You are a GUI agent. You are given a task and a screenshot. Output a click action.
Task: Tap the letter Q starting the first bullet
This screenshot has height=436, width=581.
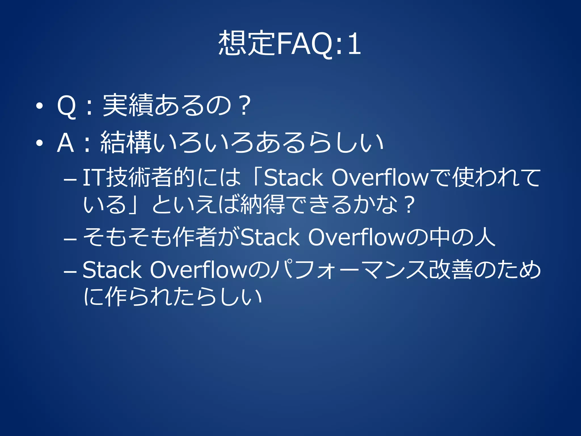pyautogui.click(x=66, y=106)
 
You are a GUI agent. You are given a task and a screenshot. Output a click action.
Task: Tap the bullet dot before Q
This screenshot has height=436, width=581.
pyautogui.click(x=39, y=106)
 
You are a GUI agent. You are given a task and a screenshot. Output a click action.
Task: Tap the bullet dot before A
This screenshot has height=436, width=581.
pyautogui.click(x=39, y=143)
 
